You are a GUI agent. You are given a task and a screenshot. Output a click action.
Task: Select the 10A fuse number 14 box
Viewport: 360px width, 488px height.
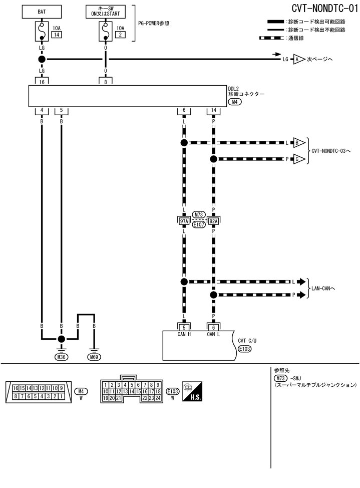57,35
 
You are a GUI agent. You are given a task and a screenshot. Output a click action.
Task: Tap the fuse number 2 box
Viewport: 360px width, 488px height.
120,35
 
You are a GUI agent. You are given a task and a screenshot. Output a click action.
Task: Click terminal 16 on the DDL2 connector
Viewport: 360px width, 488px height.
42,81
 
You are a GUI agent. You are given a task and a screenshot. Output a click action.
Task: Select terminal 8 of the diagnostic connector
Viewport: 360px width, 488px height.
105,81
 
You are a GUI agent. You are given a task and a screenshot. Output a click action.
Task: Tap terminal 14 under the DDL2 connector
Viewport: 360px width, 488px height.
214,110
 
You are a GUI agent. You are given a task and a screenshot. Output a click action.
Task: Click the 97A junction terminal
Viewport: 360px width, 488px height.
184,220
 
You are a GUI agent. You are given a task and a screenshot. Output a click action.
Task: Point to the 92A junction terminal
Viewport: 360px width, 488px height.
214,220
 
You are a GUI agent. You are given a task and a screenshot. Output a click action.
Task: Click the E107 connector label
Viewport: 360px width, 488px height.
199,225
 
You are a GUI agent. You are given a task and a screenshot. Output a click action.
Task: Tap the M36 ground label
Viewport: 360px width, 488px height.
61,357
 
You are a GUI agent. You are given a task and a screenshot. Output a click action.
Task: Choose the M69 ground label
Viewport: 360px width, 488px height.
94,357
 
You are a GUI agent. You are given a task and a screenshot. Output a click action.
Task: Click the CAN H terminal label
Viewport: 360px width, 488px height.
184,335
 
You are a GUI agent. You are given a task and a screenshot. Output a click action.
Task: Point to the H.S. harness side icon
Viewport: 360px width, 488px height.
192,390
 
